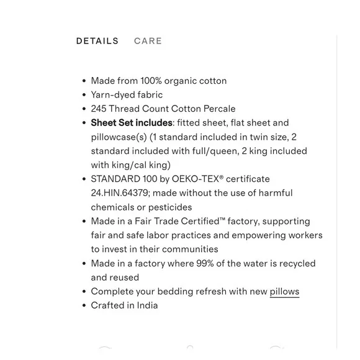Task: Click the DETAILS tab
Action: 97,41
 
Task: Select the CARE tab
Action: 148,41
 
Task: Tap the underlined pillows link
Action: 284,291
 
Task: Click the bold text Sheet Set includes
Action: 131,123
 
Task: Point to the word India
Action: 146,305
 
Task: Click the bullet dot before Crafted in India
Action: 84,306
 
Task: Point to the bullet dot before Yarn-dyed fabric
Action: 84,96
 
